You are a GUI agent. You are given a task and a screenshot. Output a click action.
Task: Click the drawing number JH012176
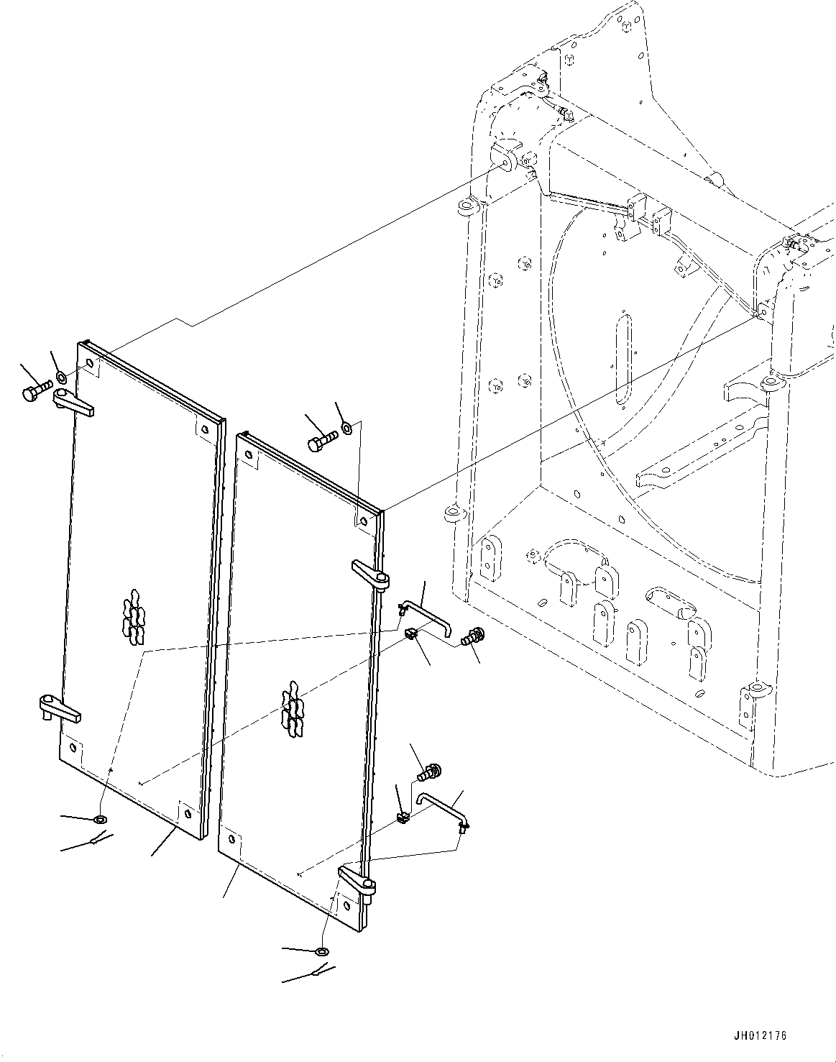[x=761, y=1036]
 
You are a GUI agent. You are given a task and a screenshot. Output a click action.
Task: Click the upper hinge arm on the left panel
[x=74, y=403]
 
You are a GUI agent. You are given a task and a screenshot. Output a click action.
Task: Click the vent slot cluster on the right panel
[x=293, y=709]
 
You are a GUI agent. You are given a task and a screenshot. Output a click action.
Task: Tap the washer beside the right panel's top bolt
[x=346, y=429]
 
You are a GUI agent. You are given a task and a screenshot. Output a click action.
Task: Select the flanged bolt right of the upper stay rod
[x=474, y=636]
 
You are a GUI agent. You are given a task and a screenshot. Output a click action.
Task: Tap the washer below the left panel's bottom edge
[x=100, y=819]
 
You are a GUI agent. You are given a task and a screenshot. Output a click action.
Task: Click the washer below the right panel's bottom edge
[x=323, y=952]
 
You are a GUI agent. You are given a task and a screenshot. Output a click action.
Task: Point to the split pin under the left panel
[x=96, y=840]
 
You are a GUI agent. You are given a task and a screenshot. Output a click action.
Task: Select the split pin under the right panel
[x=317, y=973]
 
